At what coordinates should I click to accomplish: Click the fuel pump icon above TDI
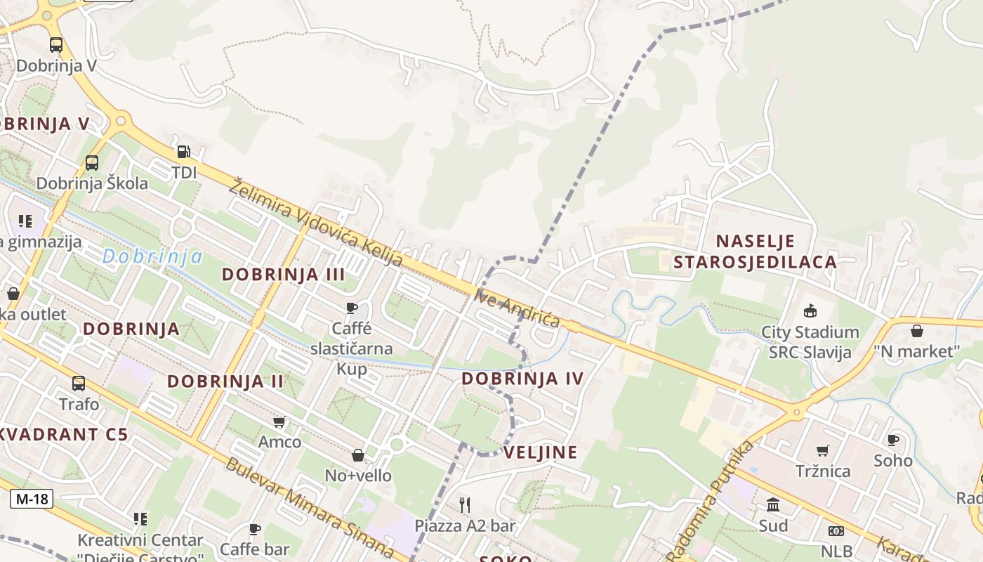coord(183,151)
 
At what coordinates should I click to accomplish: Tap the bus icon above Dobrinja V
coord(56,45)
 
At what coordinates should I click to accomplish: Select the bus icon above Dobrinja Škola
coord(92,163)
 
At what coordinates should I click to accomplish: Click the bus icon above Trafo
coord(79,384)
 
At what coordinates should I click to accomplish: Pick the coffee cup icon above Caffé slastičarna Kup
coord(352,308)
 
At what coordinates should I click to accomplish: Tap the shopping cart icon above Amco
coord(279,421)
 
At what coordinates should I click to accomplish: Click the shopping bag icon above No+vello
coord(358,455)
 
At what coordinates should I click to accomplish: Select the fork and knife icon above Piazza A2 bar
coord(464,504)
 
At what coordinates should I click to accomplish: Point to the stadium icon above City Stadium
coord(810,311)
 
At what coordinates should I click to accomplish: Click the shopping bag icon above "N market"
coord(917,330)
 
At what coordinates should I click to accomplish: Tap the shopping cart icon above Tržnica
coord(822,450)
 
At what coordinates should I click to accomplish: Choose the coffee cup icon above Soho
coord(893,440)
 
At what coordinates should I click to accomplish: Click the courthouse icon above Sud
coord(773,504)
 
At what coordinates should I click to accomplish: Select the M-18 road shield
coord(32,499)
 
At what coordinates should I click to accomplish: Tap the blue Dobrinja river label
coord(152,256)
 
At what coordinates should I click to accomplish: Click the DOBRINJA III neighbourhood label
coord(284,275)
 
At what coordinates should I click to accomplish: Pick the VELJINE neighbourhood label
coord(541,452)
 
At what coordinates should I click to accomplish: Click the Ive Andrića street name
coord(517,308)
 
